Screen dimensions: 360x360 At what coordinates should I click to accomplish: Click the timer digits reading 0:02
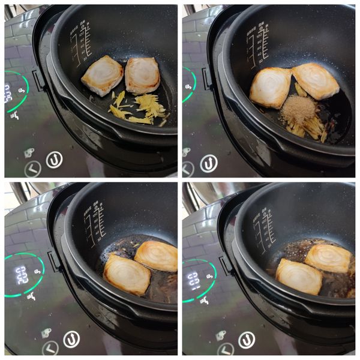[x=22, y=275]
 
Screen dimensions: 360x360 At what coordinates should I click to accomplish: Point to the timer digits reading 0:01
[x=193, y=280]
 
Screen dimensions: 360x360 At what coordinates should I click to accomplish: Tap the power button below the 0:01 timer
[x=246, y=340]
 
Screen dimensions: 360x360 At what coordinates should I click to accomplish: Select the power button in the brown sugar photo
[x=208, y=163]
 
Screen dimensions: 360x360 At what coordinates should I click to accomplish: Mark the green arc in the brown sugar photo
[x=191, y=83]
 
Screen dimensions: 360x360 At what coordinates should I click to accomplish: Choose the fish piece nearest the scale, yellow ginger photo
[x=102, y=76]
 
